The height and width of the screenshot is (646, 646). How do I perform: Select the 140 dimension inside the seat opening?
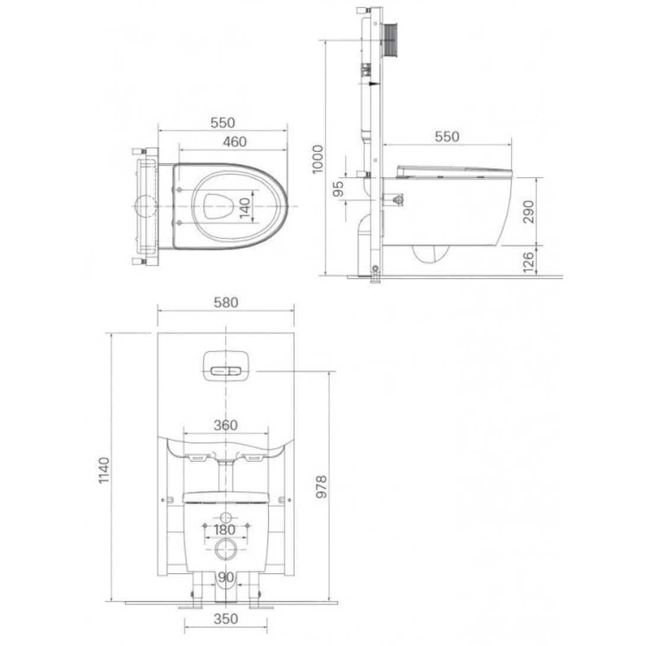[245, 207]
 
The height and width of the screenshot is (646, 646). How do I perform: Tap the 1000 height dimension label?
[318, 158]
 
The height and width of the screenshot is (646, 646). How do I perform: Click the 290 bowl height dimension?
[528, 212]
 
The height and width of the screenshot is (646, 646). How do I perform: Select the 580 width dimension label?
[225, 302]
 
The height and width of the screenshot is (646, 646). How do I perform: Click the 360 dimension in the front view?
[225, 425]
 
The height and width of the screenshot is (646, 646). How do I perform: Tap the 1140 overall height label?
[104, 470]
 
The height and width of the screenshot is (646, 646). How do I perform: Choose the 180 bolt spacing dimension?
[225, 529]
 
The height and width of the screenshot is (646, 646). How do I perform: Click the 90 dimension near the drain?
[225, 577]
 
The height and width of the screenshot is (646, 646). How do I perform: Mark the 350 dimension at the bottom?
[225, 619]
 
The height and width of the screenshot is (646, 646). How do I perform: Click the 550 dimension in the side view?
[447, 136]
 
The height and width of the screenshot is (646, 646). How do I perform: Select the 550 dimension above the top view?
[223, 123]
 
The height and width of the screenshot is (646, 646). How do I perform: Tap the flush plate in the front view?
[226, 366]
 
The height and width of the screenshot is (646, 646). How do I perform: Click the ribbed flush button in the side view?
[392, 40]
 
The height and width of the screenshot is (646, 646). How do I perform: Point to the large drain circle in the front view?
[226, 550]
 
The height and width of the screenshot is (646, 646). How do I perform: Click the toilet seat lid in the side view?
[454, 172]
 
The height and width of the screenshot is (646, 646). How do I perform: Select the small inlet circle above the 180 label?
[226, 516]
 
